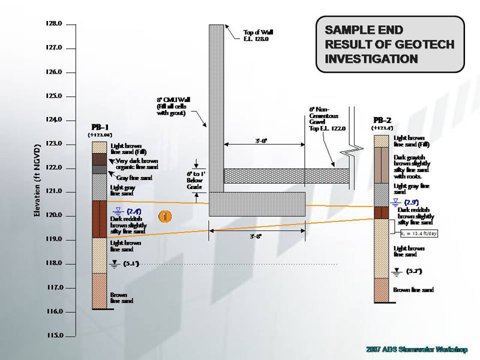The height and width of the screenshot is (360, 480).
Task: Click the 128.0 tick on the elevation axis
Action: tap(54, 24)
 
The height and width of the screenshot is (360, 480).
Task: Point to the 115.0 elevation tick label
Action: tap(54, 335)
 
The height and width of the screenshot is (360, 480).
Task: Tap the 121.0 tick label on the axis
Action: tap(54, 191)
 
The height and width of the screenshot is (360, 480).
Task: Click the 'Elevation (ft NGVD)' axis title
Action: tap(38, 180)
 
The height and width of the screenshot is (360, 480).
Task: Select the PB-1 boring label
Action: tap(100, 128)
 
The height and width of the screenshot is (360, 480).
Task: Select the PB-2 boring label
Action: tap(382, 120)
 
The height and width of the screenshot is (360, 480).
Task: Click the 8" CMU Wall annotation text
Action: tap(174, 106)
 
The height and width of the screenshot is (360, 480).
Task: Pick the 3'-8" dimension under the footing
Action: tap(256, 236)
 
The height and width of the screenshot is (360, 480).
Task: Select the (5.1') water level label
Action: tap(131, 263)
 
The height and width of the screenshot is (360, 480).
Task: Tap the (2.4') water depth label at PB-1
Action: tap(134, 211)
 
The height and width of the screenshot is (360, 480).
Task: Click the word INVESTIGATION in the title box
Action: tap(371, 59)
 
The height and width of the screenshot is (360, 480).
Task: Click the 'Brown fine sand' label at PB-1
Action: tap(122, 298)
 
